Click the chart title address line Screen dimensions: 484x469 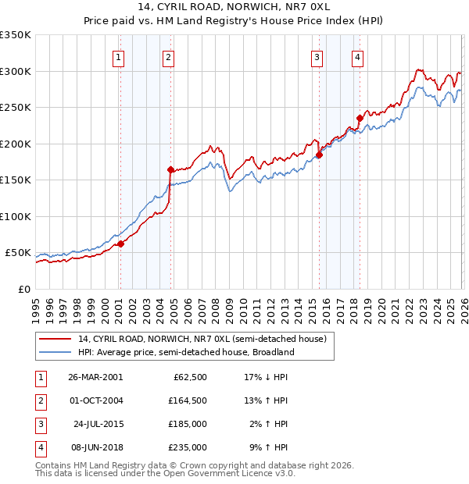click(x=234, y=8)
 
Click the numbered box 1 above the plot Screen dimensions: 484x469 click(x=118, y=56)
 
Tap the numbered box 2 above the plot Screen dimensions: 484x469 click(x=168, y=56)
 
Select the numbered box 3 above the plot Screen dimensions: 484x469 click(x=317, y=56)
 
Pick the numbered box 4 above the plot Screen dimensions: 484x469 click(x=356, y=56)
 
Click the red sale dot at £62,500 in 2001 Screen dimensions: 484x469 click(x=121, y=244)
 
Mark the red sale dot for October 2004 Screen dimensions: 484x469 click(x=170, y=169)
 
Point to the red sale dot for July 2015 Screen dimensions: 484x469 click(x=320, y=155)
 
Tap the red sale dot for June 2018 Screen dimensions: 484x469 click(x=360, y=119)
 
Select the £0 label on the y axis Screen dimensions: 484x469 click(x=23, y=289)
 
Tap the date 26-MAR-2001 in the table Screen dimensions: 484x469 click(x=95, y=377)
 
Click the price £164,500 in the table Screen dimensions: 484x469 click(x=188, y=400)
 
